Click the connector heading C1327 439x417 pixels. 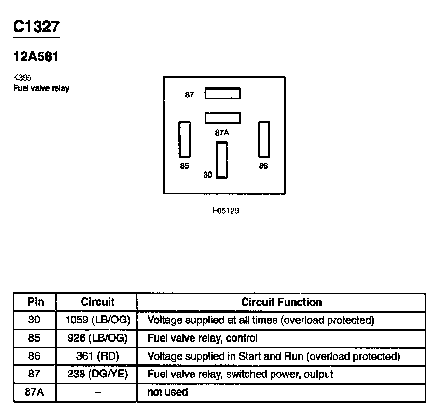point(36,27)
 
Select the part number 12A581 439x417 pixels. point(36,56)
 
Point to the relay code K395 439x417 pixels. point(22,77)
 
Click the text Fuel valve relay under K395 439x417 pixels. point(41,88)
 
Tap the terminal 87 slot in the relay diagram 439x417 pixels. point(222,93)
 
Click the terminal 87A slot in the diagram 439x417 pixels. point(222,117)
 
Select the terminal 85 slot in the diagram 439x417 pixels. point(184,139)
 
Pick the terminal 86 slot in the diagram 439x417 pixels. point(263,139)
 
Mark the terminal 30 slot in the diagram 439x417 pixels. point(221,160)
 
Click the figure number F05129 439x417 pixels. point(226,211)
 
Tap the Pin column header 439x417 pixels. point(36,302)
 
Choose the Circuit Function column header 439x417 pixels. point(281,302)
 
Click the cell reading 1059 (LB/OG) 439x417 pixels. point(97,320)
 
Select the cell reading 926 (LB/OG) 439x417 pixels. point(97,338)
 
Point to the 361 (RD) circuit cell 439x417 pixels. point(97,357)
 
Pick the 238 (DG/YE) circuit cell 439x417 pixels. point(97,375)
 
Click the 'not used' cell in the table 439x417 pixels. point(167,392)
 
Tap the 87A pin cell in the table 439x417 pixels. point(34,392)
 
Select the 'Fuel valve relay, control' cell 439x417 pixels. point(202,338)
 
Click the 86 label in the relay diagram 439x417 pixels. point(263,166)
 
